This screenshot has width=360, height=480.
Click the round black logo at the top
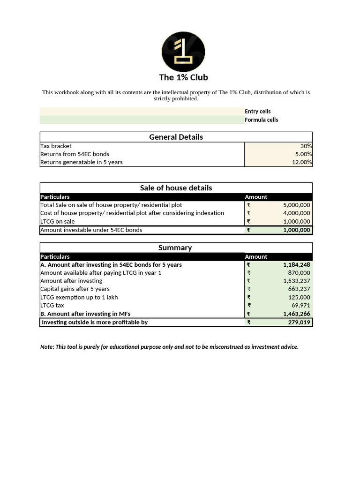[x=183, y=52]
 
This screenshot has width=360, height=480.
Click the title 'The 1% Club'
[x=183, y=77]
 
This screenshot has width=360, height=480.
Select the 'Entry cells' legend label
[x=257, y=112]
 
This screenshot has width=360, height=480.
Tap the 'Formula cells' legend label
[x=261, y=120]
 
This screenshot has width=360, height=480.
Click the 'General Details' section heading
[x=176, y=137]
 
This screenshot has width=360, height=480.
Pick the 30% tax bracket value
[x=306, y=146]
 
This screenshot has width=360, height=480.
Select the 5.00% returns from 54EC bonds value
[x=303, y=154]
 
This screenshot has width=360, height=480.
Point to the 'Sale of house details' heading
[x=176, y=187]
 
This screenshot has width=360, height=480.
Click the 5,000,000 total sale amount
[x=296, y=205]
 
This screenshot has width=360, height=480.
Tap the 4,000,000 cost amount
[x=296, y=213]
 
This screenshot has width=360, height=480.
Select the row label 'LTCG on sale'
[x=58, y=221]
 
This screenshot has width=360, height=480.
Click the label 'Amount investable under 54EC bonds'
[x=91, y=230]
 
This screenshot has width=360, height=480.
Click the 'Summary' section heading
[x=175, y=247]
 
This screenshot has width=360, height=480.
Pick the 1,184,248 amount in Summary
[x=296, y=265]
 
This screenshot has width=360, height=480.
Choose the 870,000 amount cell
[x=300, y=273]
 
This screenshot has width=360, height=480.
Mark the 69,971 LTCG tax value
[x=300, y=306]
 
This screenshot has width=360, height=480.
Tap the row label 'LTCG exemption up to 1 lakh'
[x=79, y=297]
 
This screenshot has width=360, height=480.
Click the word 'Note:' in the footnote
[x=47, y=347]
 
